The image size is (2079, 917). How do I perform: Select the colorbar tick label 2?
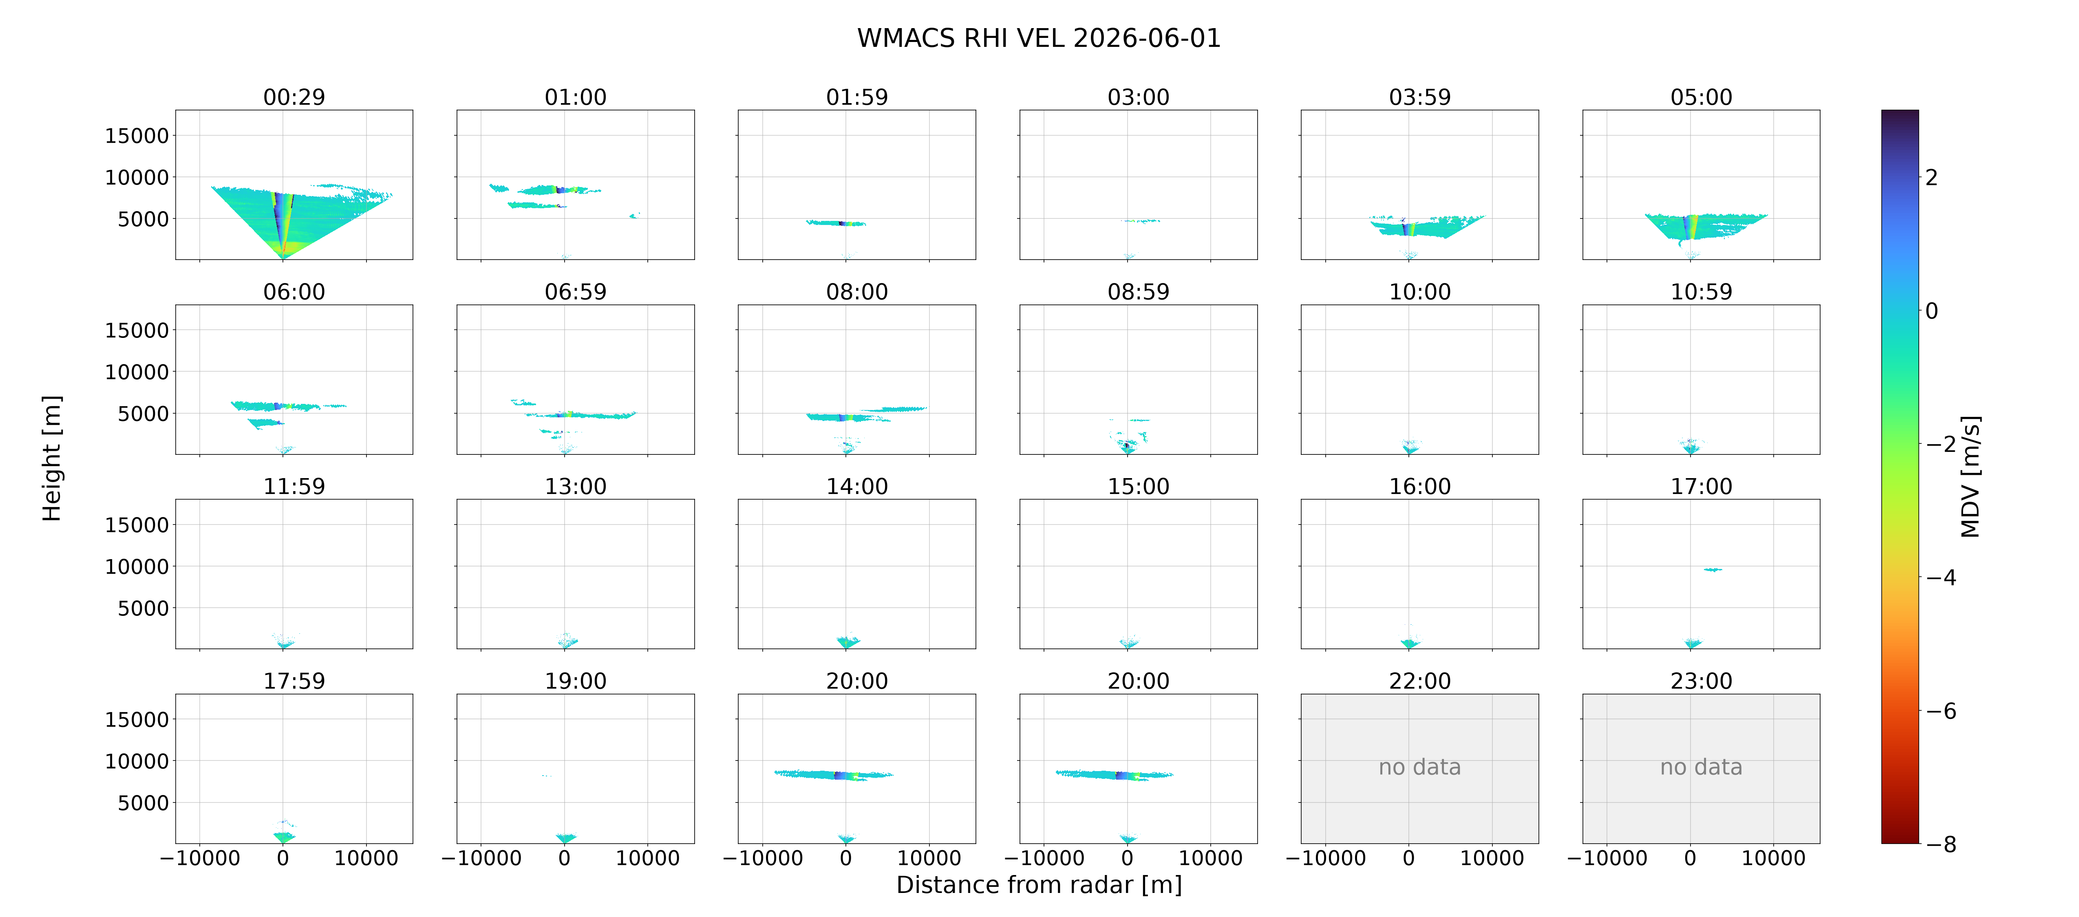[1931, 178]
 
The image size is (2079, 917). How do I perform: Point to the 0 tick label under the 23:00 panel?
[1690, 858]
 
